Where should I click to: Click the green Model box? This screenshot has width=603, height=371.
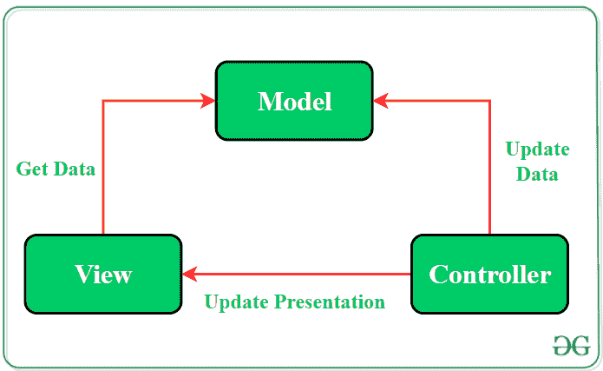(x=294, y=101)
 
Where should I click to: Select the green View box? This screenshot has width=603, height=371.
(x=103, y=274)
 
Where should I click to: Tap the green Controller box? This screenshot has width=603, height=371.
(x=489, y=274)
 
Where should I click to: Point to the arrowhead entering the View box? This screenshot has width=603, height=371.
(x=189, y=274)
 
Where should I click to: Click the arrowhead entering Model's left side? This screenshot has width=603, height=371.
(x=208, y=101)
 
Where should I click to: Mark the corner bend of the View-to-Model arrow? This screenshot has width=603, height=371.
(x=103, y=101)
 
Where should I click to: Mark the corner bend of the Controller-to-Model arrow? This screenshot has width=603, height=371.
(x=490, y=101)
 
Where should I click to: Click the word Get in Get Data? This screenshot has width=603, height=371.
(x=32, y=169)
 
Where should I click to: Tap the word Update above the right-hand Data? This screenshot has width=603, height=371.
(x=537, y=149)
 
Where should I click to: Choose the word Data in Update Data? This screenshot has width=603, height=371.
(x=537, y=174)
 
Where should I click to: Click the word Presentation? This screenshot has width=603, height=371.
(x=329, y=302)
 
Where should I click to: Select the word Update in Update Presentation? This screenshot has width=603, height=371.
(x=236, y=302)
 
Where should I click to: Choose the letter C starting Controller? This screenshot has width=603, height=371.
(x=438, y=275)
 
